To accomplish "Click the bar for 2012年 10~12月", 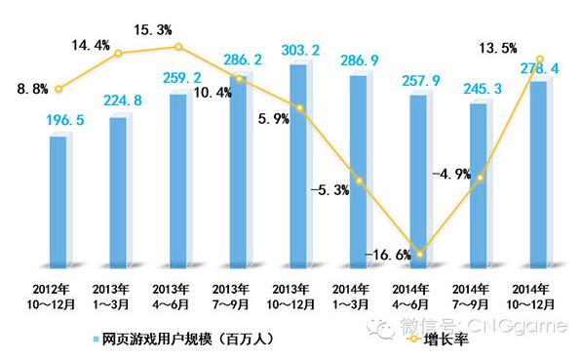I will click(x=58, y=201).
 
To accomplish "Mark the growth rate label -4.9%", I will click(x=450, y=174).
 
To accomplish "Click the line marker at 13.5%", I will click(x=539, y=59).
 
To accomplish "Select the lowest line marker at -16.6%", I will click(x=420, y=255).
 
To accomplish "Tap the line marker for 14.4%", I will click(x=119, y=53).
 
